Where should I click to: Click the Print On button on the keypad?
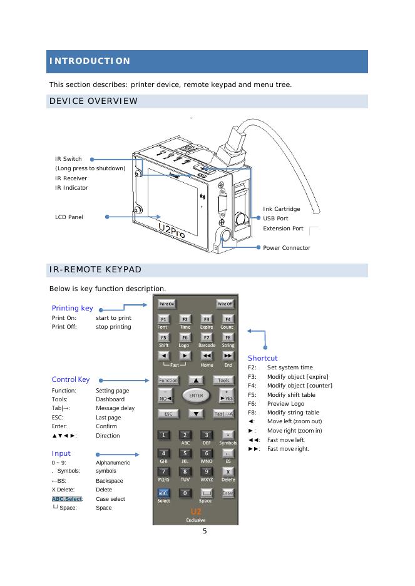coord(166,304)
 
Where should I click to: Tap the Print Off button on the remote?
coord(225,304)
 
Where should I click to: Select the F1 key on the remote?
coord(163,319)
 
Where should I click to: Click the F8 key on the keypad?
coord(227,337)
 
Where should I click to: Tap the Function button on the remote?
coord(168,380)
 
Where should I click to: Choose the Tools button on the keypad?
coord(223,380)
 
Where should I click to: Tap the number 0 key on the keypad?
coord(185,493)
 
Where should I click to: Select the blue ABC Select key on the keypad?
coord(163,493)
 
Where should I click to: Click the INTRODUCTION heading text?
coord(90,61)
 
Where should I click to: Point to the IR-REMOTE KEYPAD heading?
coord(95,270)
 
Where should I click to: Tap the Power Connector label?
coord(287,248)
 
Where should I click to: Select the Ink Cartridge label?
coord(282,209)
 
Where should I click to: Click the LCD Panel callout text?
coord(69,217)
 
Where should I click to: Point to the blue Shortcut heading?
coord(263,358)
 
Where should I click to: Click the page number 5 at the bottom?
coord(204,532)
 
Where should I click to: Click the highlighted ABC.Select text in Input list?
coord(68,499)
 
